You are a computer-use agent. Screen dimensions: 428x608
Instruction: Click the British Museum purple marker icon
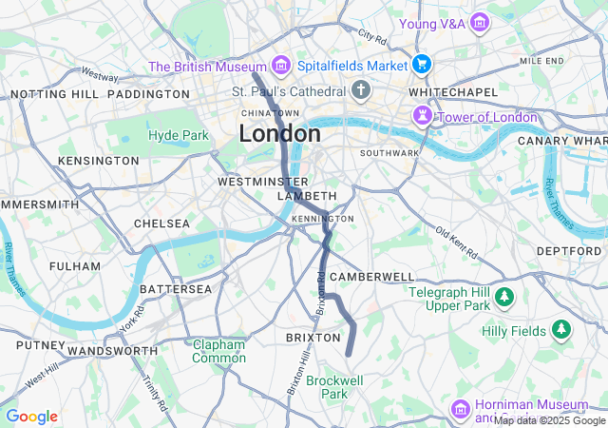coord(279,66)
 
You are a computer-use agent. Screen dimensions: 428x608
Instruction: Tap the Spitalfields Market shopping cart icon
coord(422,66)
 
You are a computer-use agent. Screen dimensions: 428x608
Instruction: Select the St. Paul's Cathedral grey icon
coord(360,91)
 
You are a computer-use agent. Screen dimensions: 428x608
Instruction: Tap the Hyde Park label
coord(178,135)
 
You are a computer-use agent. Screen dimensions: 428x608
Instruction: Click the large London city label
coord(279,134)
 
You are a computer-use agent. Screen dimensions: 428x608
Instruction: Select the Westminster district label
coord(262,181)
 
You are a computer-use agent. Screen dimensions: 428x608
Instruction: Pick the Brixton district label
coord(313,338)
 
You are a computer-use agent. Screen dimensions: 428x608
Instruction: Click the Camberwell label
coord(371,276)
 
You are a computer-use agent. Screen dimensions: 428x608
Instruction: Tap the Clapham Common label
coord(218,351)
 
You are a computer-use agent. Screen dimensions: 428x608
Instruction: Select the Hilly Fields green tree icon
coord(562,330)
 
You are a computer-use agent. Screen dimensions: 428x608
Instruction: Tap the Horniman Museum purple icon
coord(461,409)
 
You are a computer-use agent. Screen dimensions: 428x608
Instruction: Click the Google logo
coord(31,417)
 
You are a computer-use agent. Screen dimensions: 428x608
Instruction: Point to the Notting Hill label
coord(53,94)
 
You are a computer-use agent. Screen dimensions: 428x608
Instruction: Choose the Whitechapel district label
coord(452,91)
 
